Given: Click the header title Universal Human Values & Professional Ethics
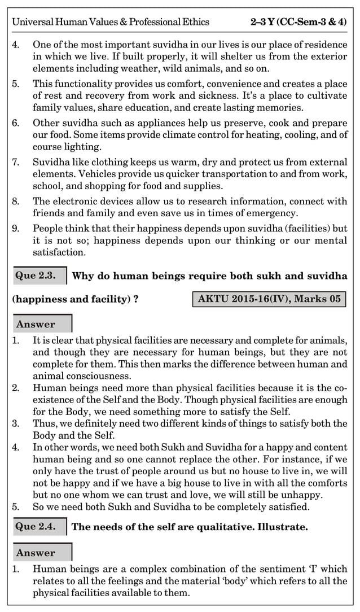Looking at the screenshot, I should pyautogui.click(x=111, y=22).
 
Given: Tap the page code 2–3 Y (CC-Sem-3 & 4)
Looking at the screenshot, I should pyautogui.click(x=298, y=22).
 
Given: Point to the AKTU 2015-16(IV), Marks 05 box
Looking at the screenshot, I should pyautogui.click(x=269, y=299).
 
